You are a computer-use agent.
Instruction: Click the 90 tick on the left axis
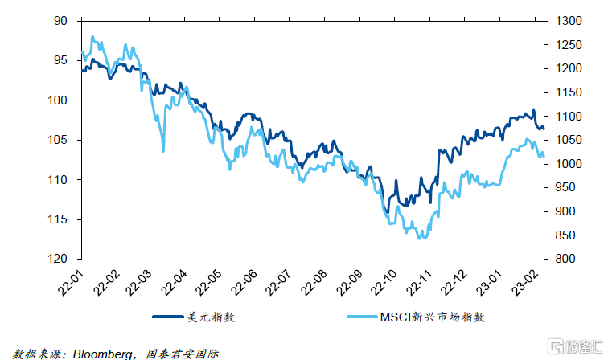61,21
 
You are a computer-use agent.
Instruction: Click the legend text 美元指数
216,317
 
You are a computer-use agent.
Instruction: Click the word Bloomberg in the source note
101,352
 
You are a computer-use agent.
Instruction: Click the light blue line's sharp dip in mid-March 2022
163,150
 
